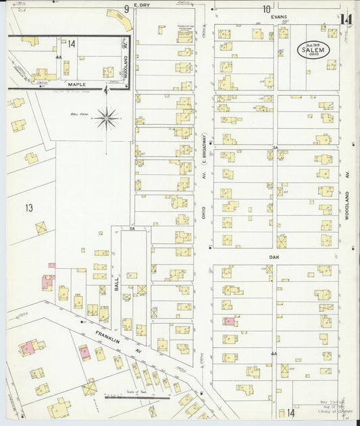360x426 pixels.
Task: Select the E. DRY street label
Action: (142, 6)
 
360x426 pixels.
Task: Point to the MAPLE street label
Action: (76, 84)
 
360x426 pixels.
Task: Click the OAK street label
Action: (274, 257)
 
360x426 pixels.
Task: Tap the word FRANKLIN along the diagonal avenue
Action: (88, 335)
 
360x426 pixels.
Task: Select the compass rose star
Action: (107, 119)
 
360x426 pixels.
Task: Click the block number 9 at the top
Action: (126, 9)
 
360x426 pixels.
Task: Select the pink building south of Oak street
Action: (229, 322)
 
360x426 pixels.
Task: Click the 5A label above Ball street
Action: (132, 230)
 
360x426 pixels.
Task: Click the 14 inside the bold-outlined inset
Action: (72, 43)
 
